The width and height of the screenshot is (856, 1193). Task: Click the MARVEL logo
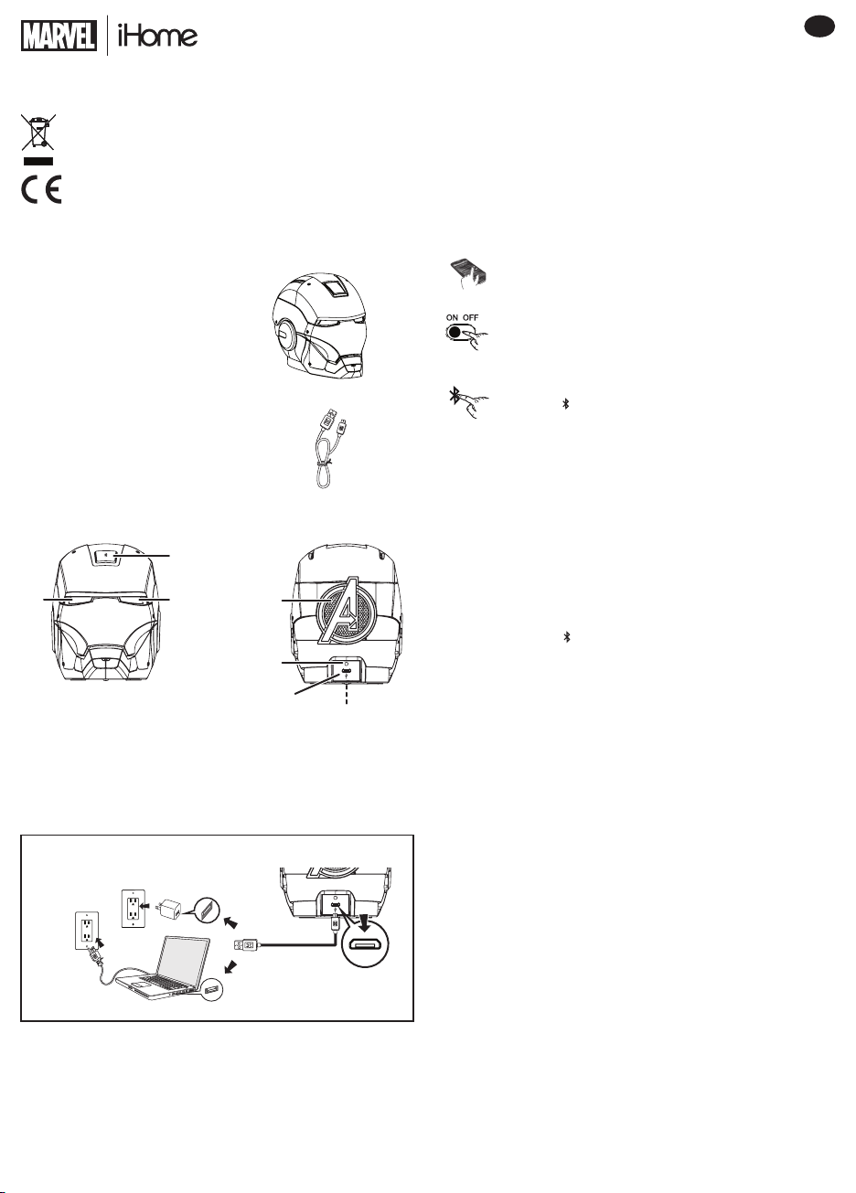click(59, 36)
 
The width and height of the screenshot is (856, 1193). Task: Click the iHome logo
click(157, 36)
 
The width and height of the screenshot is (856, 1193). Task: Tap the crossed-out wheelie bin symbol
click(38, 132)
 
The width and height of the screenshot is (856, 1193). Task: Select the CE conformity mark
click(41, 189)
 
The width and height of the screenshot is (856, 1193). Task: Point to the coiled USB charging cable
click(325, 447)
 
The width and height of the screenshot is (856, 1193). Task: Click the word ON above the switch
click(452, 317)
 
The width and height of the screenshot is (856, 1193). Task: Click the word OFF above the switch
click(470, 317)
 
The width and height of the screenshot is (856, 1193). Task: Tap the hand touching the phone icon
click(469, 274)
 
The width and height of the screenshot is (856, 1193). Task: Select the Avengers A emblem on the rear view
click(347, 610)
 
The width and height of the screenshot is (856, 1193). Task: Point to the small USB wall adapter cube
click(170, 909)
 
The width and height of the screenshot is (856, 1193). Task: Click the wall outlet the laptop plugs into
click(87, 930)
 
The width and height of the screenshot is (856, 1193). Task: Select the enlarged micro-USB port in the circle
click(365, 944)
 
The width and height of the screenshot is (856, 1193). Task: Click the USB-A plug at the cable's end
click(246, 945)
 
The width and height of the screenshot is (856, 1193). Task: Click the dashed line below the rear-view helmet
click(347, 694)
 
